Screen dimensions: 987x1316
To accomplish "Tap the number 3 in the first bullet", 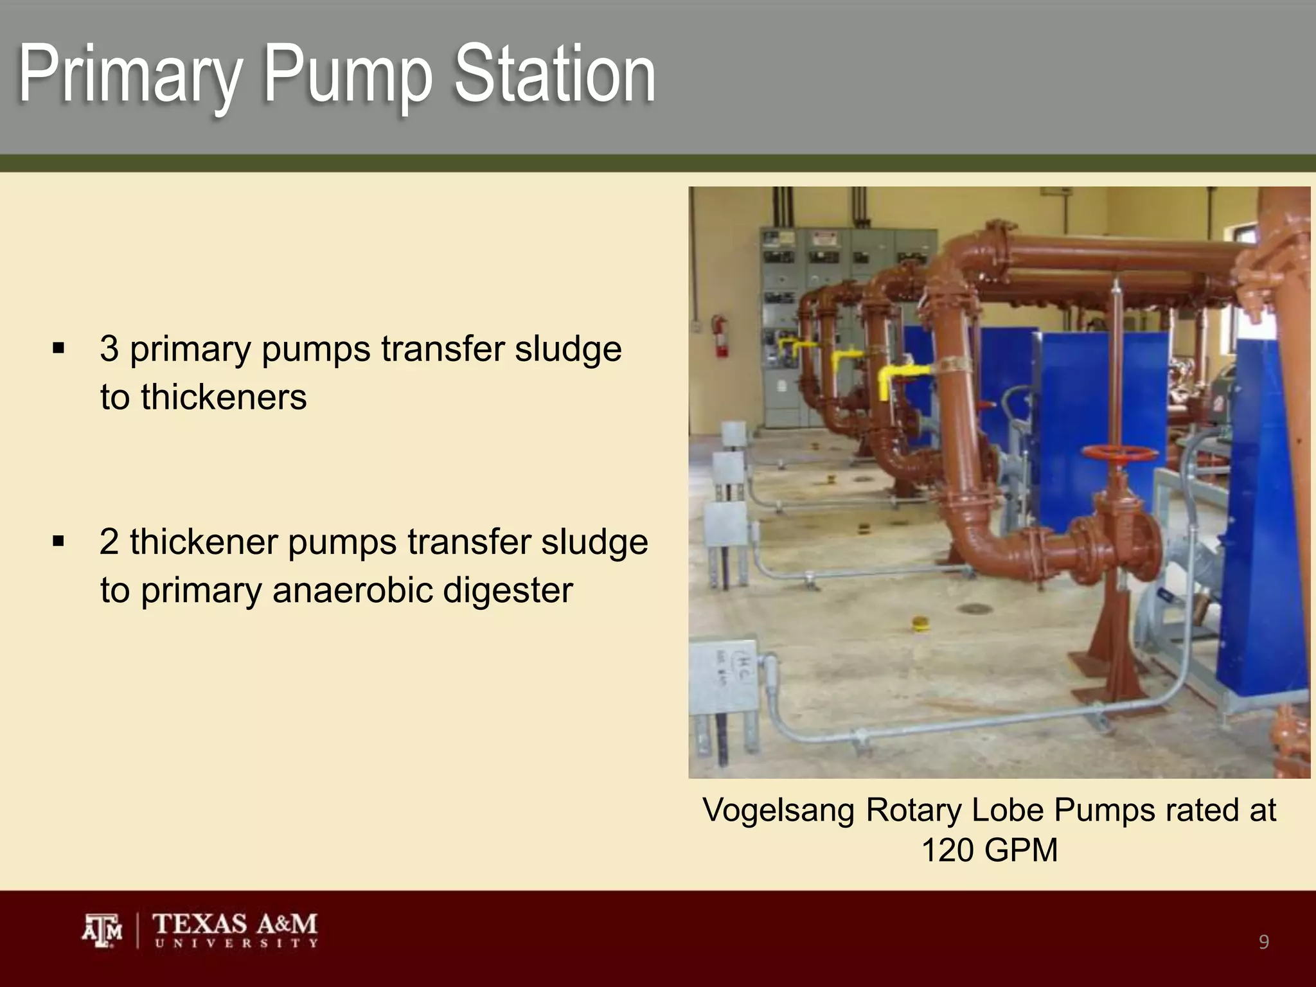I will pos(109,349).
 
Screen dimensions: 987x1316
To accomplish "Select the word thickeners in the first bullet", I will pos(203,397).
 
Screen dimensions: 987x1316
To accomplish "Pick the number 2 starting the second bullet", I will pos(109,542).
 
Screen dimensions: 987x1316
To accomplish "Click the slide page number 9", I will pos(1263,942).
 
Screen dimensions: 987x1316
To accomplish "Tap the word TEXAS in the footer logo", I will pos(199,924).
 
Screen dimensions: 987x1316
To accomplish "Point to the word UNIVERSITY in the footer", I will pos(235,943).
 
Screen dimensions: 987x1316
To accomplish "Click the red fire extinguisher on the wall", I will pos(720,335).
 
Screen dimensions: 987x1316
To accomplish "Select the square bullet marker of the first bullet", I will pos(59,350).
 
